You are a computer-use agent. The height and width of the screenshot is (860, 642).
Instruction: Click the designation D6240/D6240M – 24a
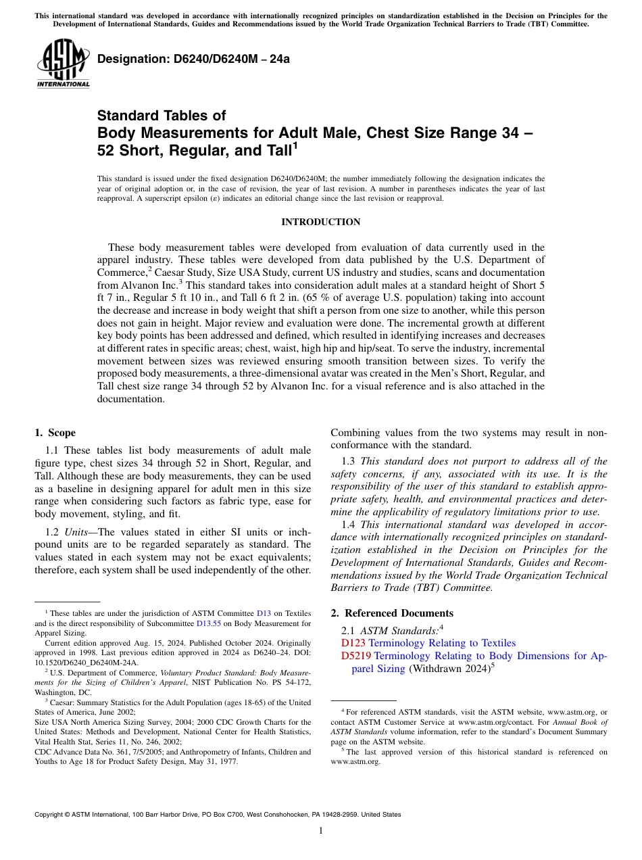(x=193, y=59)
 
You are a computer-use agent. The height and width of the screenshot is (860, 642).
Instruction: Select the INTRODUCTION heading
(x=320, y=222)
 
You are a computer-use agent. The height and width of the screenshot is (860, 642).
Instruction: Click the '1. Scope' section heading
(x=55, y=433)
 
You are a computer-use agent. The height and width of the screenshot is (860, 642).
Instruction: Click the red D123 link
(x=353, y=643)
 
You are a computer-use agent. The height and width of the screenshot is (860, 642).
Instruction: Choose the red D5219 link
(x=355, y=656)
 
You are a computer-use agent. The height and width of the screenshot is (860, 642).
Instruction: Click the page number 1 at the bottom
(x=320, y=831)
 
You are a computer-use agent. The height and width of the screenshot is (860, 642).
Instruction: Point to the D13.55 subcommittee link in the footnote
(x=207, y=623)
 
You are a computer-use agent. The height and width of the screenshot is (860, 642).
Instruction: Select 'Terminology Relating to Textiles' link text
(x=442, y=643)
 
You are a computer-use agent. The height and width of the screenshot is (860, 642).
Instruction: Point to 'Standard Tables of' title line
(x=162, y=116)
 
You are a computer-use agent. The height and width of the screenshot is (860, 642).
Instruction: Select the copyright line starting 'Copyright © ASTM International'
(x=218, y=815)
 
